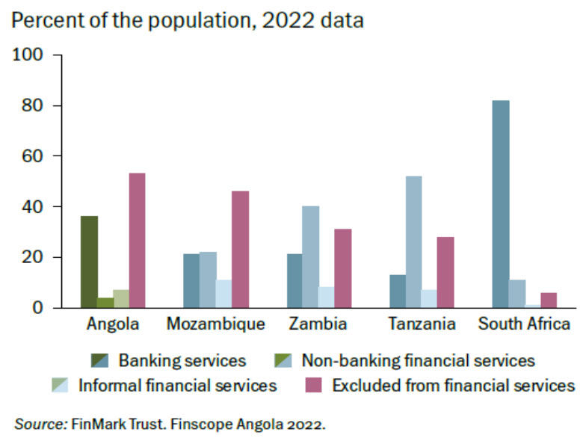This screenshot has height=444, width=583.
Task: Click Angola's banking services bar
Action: (x=90, y=262)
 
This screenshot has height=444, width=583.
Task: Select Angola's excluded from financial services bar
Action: (x=137, y=240)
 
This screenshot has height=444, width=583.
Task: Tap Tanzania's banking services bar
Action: (x=398, y=291)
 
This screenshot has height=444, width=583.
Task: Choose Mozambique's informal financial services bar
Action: (x=223, y=293)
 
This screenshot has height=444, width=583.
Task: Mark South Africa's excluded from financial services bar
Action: (x=548, y=300)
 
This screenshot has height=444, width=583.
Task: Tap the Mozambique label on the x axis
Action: (x=215, y=324)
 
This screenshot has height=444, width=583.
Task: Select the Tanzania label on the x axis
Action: (x=422, y=324)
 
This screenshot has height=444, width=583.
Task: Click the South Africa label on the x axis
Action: (x=524, y=324)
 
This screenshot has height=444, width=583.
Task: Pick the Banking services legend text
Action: (x=182, y=361)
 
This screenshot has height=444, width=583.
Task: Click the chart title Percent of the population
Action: (x=188, y=20)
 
